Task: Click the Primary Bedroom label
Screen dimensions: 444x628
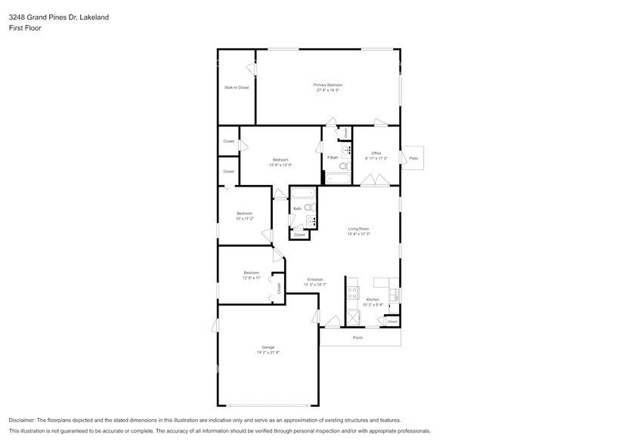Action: (x=328, y=85)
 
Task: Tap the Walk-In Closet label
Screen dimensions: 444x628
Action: (x=236, y=88)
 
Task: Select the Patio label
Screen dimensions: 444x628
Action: (x=413, y=158)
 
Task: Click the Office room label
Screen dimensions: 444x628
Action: (x=376, y=153)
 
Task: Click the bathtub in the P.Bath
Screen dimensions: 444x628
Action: (x=338, y=179)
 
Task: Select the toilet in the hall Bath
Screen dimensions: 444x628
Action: (x=308, y=207)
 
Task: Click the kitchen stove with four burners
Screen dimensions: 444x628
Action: (x=352, y=292)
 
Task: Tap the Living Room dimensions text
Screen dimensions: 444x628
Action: (x=358, y=234)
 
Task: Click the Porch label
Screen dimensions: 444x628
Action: (x=358, y=338)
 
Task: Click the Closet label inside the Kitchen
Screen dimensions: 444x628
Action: (x=391, y=322)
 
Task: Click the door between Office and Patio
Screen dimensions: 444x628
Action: (x=401, y=157)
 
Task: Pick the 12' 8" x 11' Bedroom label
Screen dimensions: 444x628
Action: (x=251, y=273)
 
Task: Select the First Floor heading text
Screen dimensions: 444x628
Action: (x=25, y=27)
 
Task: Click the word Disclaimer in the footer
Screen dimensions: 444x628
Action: (x=22, y=420)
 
